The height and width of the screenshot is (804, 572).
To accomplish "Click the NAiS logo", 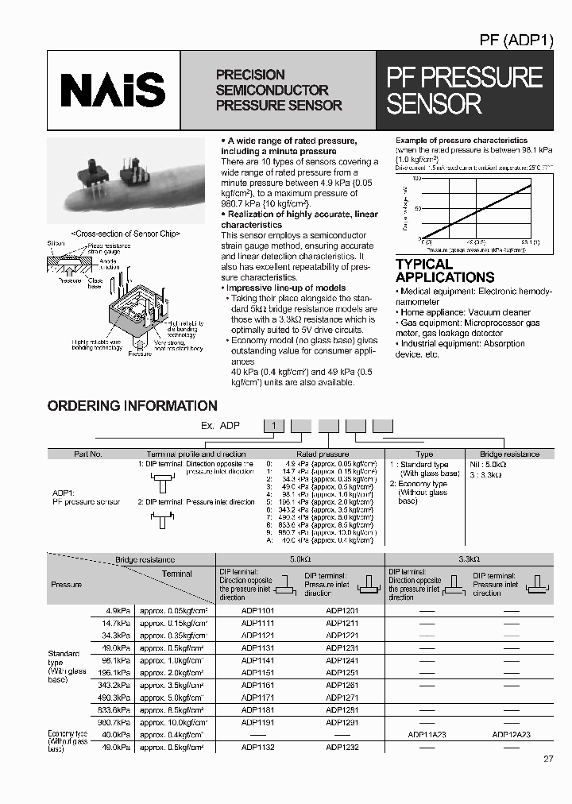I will click(x=113, y=90).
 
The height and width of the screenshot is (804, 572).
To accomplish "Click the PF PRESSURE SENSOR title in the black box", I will click(x=464, y=90).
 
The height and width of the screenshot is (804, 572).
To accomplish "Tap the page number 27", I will click(x=548, y=759).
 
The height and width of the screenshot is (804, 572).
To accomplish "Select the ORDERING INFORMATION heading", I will click(x=132, y=406).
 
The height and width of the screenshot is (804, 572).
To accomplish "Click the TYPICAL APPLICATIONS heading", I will click(x=445, y=271).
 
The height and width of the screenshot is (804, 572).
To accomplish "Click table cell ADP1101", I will click(x=257, y=611).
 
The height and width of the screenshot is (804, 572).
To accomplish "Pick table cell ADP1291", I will click(x=342, y=722).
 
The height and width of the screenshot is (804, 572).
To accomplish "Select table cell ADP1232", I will click(x=342, y=747).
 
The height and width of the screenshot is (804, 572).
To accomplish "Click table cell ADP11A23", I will click(x=426, y=735).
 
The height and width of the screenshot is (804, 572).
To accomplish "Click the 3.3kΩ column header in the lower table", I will click(x=469, y=560).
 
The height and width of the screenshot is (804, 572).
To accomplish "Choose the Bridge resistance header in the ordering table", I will click(x=509, y=454).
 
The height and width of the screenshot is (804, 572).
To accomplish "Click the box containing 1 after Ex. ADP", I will click(x=274, y=426).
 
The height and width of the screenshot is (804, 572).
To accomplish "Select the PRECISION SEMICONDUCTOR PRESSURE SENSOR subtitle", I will click(x=278, y=90).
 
